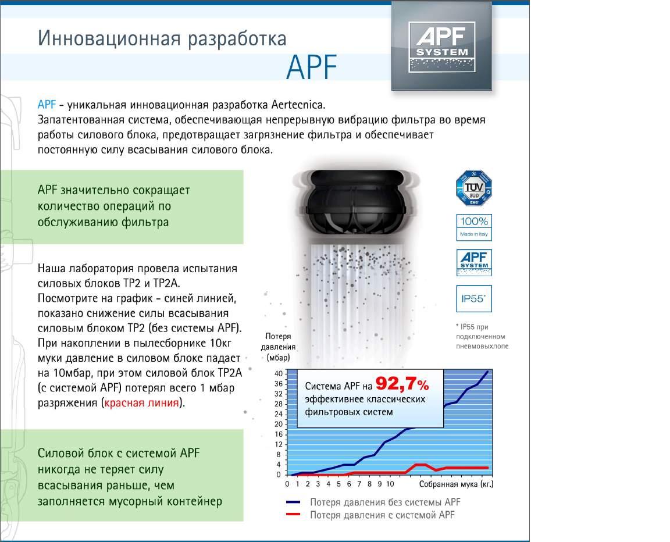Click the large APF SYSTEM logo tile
pos(441,46)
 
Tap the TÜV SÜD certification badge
pos(473,187)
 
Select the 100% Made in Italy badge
pos(473,227)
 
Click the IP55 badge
pos(473,298)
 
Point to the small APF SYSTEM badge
pos(473,262)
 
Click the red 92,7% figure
pos(402,384)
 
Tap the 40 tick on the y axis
pos(278,373)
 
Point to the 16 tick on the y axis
pos(278,434)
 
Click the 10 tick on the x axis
pos(390,484)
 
